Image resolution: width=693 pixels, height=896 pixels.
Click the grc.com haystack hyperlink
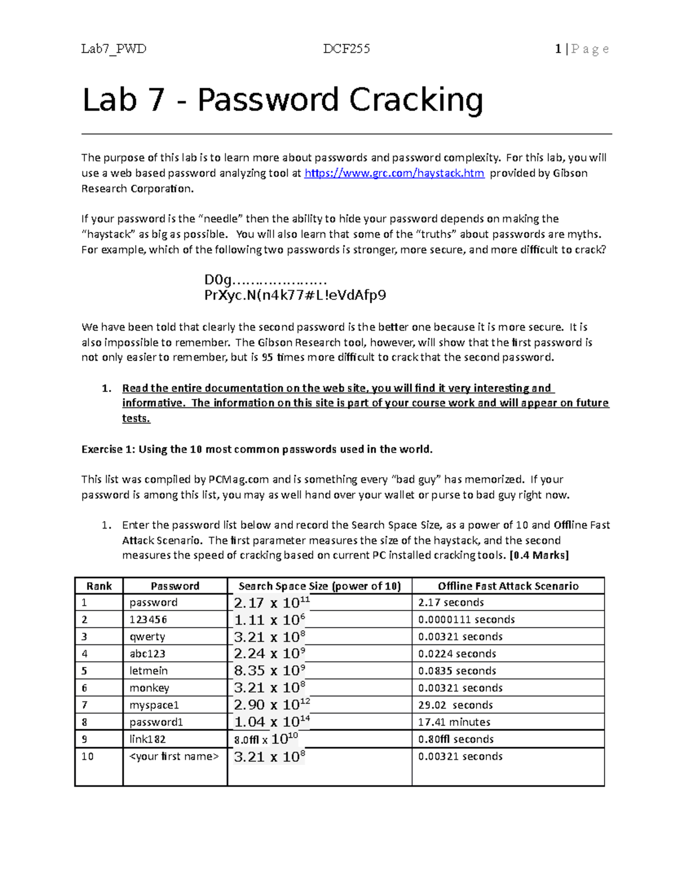[x=394, y=173]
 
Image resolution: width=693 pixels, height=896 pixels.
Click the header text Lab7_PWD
[x=114, y=49]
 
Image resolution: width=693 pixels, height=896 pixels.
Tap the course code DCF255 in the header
[x=346, y=49]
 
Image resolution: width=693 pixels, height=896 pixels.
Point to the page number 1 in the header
[x=558, y=49]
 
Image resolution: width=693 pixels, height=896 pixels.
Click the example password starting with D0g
[x=266, y=280]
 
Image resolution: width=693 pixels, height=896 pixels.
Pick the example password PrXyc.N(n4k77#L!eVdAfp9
[x=295, y=295]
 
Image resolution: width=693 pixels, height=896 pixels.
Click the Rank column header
[x=99, y=586]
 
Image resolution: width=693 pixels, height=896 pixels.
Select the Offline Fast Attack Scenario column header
[x=508, y=586]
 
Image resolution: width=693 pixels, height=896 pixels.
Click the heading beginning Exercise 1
[x=256, y=449]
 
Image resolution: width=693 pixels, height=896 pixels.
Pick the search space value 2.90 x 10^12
[x=272, y=704]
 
